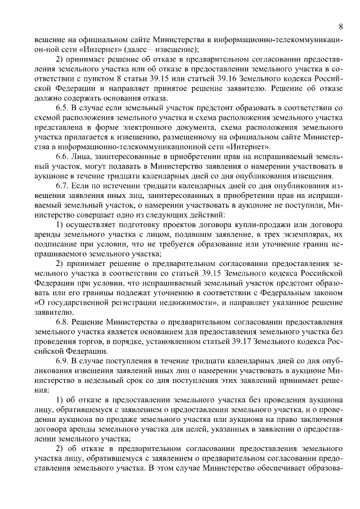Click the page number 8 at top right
pyautogui.click(x=341, y=27)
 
